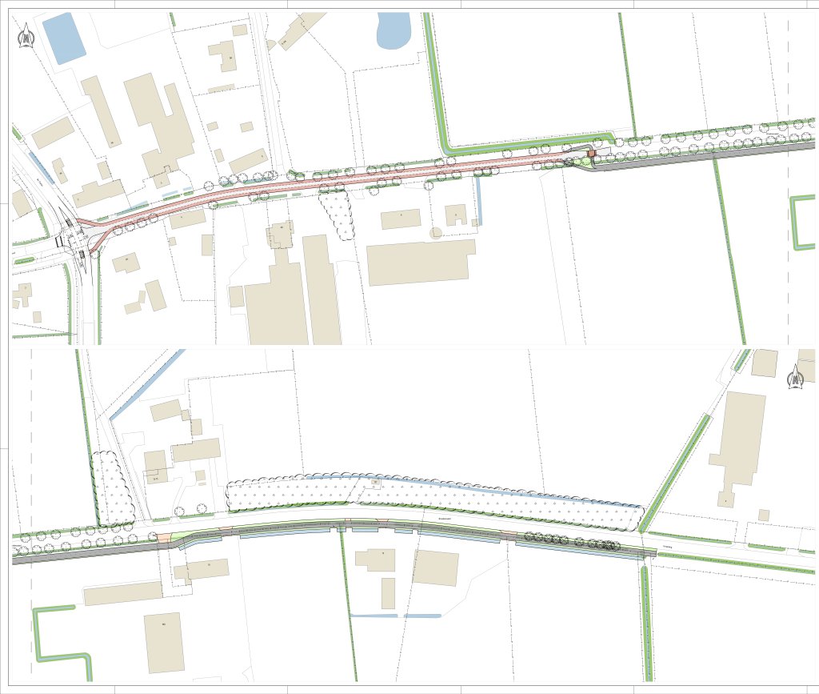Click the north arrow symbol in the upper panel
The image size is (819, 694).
(x=26, y=36)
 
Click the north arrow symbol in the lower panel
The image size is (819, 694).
(x=796, y=377)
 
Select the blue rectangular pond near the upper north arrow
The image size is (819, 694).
(x=63, y=38)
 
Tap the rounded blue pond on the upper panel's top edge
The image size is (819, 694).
(x=393, y=31)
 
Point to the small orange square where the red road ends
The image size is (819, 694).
(x=592, y=154)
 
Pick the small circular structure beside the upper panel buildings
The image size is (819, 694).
(x=435, y=233)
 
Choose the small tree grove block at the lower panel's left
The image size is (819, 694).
(x=112, y=488)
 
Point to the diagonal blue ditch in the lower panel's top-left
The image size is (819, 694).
(x=148, y=384)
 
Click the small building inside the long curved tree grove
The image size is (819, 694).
(x=375, y=483)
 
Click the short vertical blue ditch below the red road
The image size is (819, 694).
(x=478, y=200)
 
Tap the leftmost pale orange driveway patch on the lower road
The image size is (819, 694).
(x=165, y=538)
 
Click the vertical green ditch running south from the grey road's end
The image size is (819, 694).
(x=646, y=616)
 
